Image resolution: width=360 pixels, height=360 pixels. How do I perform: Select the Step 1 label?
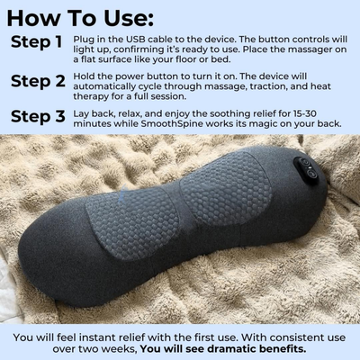(x=36, y=42)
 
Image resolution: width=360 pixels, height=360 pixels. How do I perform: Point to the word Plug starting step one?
(x=104, y=41)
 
